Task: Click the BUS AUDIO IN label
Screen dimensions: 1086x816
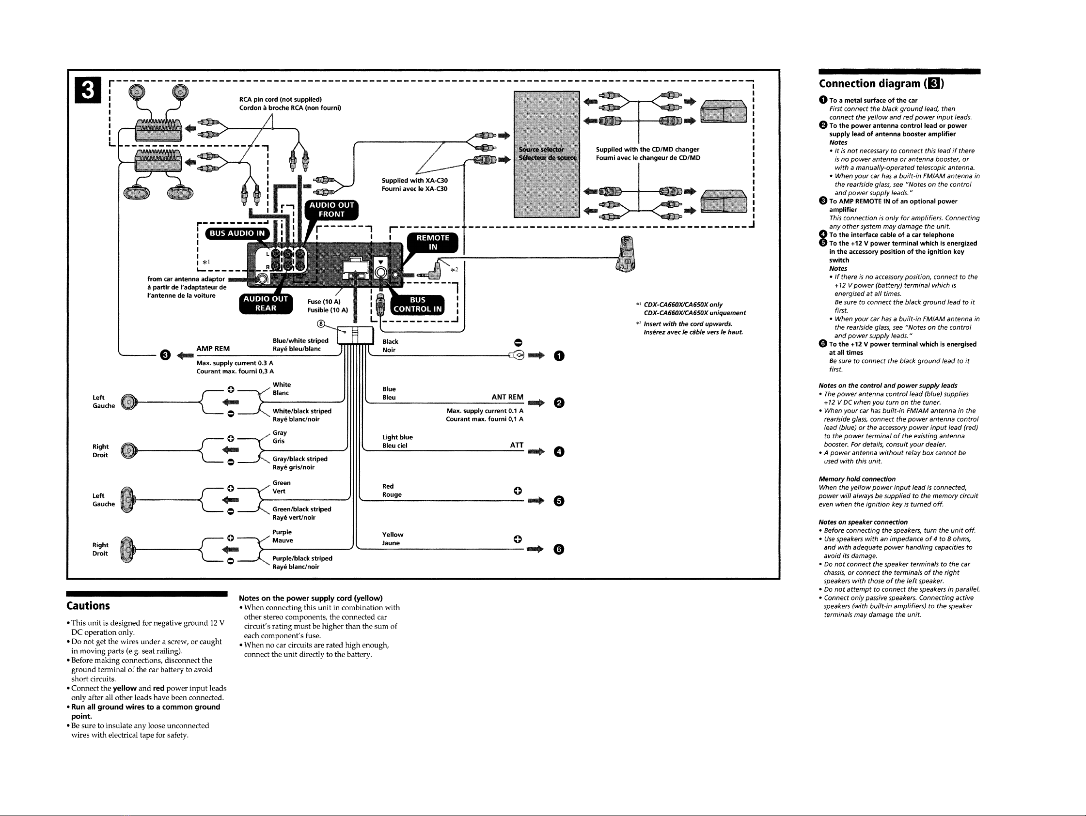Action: coord(237,233)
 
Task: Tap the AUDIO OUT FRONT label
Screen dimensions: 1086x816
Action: coord(331,210)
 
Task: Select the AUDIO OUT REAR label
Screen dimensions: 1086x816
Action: coord(266,303)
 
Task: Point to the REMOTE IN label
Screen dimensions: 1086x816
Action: coord(433,243)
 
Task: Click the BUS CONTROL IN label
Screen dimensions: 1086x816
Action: coord(418,304)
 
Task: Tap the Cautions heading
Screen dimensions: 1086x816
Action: coord(88,605)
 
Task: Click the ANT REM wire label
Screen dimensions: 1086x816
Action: coord(507,397)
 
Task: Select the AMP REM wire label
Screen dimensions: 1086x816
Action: coord(213,349)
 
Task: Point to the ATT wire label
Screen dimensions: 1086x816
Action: coord(517,445)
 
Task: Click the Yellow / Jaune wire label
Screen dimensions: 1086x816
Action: coord(393,539)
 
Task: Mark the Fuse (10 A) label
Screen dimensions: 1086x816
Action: coord(324,302)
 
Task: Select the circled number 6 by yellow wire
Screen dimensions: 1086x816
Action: coord(559,550)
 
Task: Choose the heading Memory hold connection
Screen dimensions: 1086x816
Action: coord(857,479)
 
